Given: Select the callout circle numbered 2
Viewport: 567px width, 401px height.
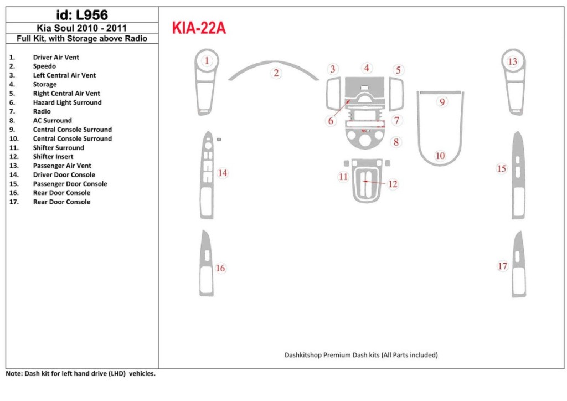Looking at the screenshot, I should pos(276,73).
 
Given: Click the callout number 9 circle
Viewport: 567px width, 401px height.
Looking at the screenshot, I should pos(442,102).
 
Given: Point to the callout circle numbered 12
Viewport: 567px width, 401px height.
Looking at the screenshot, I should pos(393,184).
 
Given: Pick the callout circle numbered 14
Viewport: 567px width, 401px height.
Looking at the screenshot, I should pos(222,173).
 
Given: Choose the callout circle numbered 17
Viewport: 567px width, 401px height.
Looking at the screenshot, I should pos(502,266).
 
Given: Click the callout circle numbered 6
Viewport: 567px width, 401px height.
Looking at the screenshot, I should pos(332,120).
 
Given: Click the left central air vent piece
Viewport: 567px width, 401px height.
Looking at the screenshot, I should pos(333,93).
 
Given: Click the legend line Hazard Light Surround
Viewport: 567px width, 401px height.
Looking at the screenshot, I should pos(67,102).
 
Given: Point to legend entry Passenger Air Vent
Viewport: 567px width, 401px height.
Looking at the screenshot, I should pos(62,166).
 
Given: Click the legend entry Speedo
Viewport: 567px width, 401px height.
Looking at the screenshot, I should pos(44,66).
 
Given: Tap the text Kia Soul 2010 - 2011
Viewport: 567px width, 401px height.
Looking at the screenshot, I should pos(82,28).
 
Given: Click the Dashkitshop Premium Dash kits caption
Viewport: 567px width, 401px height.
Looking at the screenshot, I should pos(361,355).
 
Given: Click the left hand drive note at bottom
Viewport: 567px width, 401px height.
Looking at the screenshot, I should pos(81,374).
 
